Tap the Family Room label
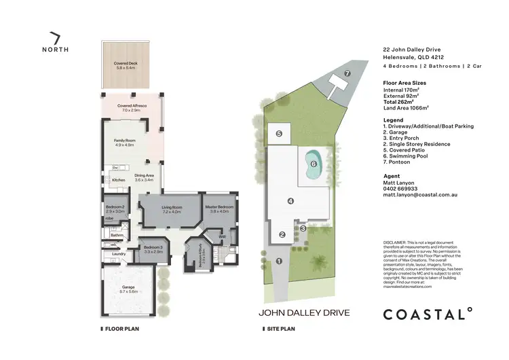[x=125, y=143]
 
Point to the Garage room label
[x=128, y=289]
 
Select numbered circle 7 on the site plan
[x=347, y=73]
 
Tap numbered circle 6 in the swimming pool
[x=313, y=164]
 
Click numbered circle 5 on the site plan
[x=279, y=134]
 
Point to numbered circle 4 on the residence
[x=290, y=200]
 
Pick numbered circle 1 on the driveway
[x=278, y=262]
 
